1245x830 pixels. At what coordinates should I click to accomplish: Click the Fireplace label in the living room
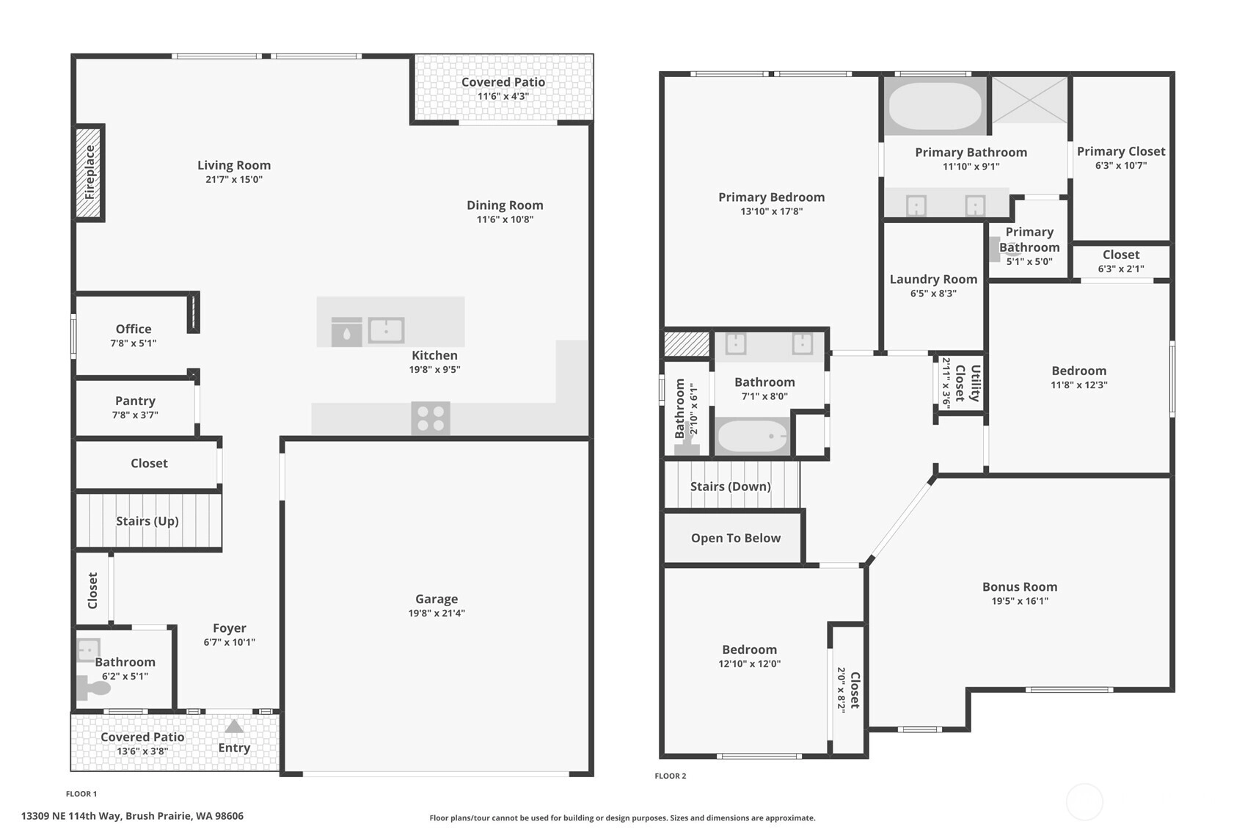[90, 172]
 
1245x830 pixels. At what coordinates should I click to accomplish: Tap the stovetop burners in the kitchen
[431, 418]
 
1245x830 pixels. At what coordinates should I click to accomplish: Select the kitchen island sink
[387, 330]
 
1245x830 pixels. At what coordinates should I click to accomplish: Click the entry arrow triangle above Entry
[234, 726]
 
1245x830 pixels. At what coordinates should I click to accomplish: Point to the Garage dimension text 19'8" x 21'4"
[437, 614]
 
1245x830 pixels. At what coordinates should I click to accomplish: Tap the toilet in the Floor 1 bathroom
[93, 688]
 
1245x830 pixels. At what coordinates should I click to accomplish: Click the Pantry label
[135, 401]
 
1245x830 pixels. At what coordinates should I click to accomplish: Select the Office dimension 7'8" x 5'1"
[134, 343]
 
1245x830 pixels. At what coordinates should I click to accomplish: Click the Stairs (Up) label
[147, 521]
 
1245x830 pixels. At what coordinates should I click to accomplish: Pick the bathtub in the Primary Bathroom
[935, 106]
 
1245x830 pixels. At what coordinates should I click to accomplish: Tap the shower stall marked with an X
[1029, 100]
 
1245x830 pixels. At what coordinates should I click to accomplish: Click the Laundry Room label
[933, 279]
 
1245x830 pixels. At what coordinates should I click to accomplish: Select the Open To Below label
[736, 538]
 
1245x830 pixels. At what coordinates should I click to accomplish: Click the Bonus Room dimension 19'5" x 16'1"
[1020, 601]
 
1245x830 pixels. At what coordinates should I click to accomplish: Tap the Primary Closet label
[1121, 151]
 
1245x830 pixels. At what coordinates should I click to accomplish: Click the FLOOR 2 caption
[671, 776]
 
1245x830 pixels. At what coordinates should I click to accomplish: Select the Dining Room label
[505, 205]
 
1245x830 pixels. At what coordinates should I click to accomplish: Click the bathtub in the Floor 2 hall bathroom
[753, 437]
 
